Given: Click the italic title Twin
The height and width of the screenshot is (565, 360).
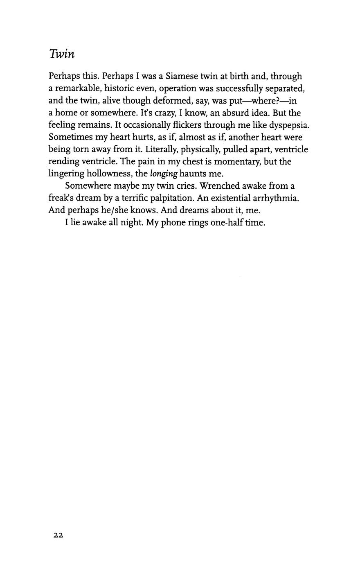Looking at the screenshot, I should pyautogui.click(x=62, y=54).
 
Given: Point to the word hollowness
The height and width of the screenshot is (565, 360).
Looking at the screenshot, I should pyautogui.click(x=108, y=174).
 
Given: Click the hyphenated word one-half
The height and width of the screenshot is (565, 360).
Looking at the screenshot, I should pyautogui.click(x=227, y=223).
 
